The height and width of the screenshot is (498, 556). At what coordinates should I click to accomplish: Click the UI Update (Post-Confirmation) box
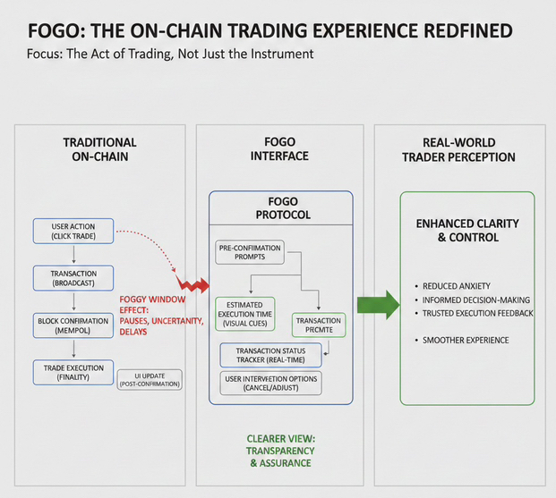click(x=150, y=379)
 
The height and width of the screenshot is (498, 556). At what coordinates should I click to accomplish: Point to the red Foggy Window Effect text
click(x=162, y=314)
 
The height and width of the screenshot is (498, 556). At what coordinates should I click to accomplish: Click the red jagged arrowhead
click(x=197, y=284)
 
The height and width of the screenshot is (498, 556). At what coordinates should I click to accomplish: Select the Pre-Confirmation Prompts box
click(x=250, y=252)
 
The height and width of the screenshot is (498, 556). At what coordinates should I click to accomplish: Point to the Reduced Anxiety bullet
click(x=456, y=286)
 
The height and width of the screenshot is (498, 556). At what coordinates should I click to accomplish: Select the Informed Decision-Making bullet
click(x=475, y=300)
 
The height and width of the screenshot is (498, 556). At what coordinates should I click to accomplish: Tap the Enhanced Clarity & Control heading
click(x=467, y=231)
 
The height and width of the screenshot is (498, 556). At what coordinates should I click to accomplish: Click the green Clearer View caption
click(x=282, y=451)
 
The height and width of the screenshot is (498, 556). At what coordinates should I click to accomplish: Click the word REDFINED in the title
click(x=463, y=31)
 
